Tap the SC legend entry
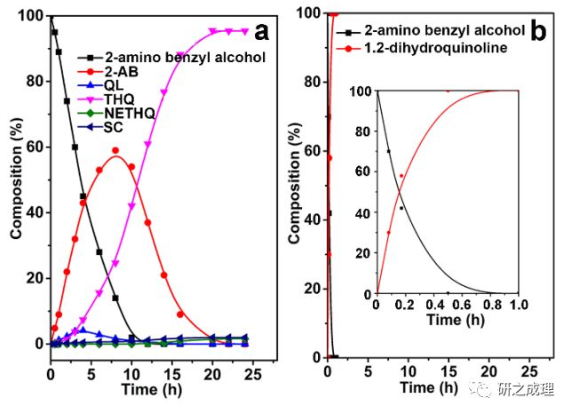pyautogui.click(x=141, y=126)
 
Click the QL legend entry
pyautogui.click(x=139, y=85)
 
